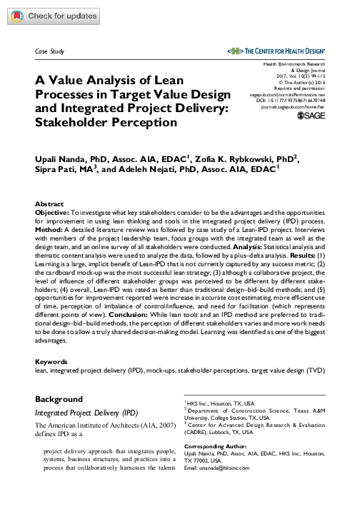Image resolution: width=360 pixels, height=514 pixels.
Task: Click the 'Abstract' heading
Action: [49, 203]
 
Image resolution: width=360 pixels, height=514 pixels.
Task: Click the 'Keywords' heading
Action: [51, 363]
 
